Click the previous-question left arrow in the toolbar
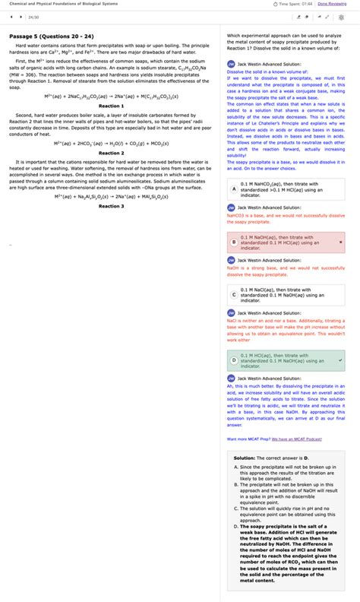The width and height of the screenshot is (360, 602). pyautogui.click(x=11, y=16)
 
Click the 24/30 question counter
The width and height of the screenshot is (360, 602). pyautogui.click(x=33, y=16)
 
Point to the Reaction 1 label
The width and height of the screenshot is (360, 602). pyautogui.click(x=112, y=106)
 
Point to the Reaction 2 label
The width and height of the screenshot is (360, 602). pyautogui.click(x=112, y=153)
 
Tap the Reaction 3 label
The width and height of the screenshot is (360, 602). pyautogui.click(x=112, y=206)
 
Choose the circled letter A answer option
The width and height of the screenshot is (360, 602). pyautogui.click(x=234, y=188)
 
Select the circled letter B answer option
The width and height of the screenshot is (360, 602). pyautogui.click(x=234, y=242)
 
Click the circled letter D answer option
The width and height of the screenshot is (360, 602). pyautogui.click(x=234, y=358)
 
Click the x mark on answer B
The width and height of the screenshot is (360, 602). pyautogui.click(x=341, y=242)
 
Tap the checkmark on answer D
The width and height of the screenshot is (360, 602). pyautogui.click(x=341, y=358)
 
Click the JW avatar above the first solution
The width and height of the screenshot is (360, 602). pyautogui.click(x=231, y=65)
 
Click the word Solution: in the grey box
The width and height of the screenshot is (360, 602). pyautogui.click(x=244, y=458)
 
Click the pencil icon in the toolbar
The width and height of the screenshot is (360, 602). pyautogui.click(x=311, y=16)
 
